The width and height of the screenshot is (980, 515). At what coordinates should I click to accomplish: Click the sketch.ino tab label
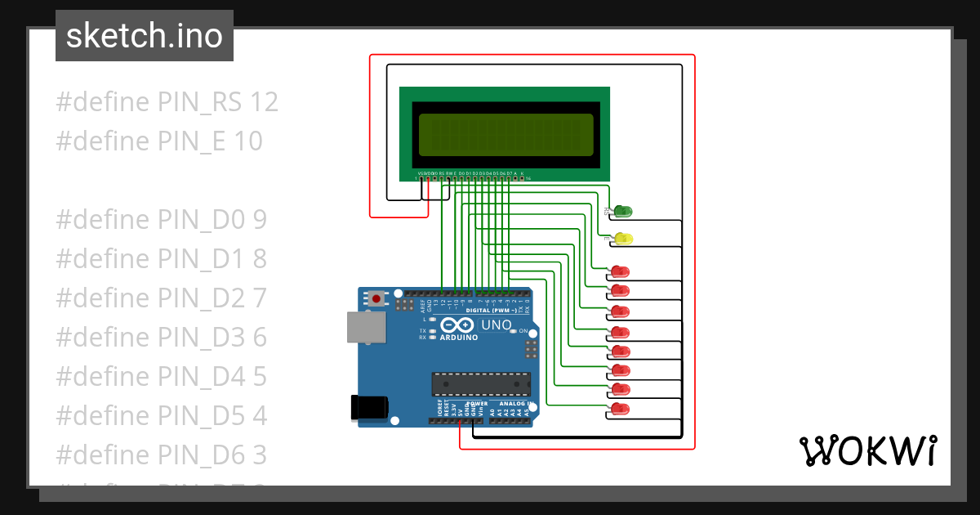pos(144,36)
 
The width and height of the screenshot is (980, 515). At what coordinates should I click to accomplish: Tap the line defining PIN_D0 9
pos(161,220)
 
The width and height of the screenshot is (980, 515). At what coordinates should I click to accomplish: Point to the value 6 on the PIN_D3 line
pos(260,338)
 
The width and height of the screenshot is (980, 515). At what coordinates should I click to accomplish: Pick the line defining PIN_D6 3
pos(161,455)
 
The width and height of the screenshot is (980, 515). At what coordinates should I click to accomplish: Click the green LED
pos(622,212)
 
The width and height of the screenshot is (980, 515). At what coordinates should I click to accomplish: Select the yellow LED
pos(622,239)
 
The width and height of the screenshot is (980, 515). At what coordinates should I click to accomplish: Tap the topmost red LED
pos(621,271)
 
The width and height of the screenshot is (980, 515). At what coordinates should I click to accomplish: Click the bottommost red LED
pos(621,408)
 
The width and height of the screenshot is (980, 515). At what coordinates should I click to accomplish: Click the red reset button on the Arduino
pos(376,298)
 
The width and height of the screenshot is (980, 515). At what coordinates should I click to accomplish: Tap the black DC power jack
pos(367,408)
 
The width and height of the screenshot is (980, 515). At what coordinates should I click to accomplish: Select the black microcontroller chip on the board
pos(481,383)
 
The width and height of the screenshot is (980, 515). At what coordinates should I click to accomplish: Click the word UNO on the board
pos(496,325)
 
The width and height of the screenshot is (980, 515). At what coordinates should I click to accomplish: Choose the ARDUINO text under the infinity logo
pos(459,338)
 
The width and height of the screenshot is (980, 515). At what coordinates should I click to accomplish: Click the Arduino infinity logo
pos(459,325)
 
